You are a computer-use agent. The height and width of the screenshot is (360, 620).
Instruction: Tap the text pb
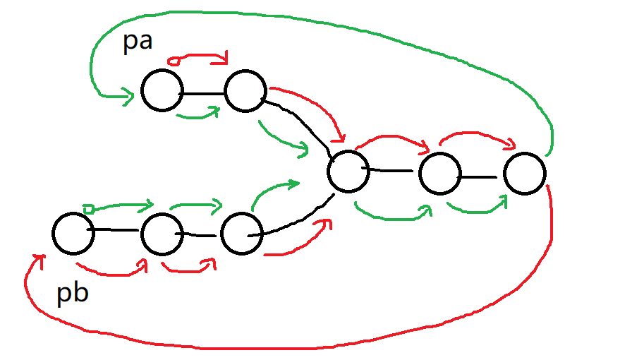point(73,292)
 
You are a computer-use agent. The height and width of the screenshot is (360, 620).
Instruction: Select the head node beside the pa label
point(162,90)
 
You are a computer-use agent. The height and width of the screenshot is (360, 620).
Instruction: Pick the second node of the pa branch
point(245,90)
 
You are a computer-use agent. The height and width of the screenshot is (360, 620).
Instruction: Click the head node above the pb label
point(73,234)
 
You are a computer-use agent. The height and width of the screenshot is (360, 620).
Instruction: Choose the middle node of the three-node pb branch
point(162,234)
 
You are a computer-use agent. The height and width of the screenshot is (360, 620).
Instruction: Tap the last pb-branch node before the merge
point(241,234)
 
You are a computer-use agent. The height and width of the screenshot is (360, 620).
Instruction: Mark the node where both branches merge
point(348,171)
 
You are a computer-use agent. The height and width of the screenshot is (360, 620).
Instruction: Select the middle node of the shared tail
point(439,173)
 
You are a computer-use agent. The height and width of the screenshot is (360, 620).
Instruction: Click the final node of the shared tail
point(525,173)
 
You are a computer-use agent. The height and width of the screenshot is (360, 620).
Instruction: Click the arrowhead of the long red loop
point(37,260)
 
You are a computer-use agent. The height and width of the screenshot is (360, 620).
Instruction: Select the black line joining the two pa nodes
point(203,92)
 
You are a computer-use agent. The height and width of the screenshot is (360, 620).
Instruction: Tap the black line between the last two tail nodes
point(482,174)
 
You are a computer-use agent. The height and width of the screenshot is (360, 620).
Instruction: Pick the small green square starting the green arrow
point(87,208)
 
